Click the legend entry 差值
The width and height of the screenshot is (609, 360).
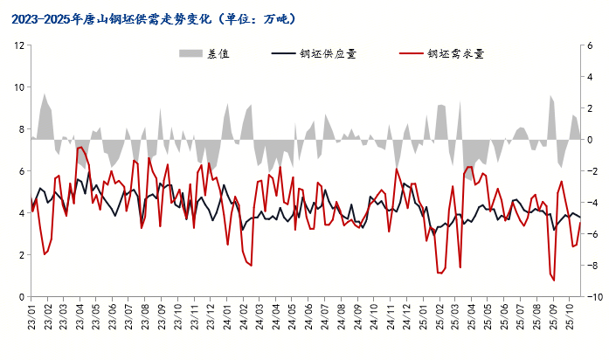click(218, 53)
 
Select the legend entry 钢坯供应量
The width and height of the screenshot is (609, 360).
click(327, 53)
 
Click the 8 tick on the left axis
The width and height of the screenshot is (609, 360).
click(20, 129)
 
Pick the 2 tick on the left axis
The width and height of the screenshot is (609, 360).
click(20, 255)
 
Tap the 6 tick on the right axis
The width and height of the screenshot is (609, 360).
click(590, 45)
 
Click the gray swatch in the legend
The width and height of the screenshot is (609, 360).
click(190, 53)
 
